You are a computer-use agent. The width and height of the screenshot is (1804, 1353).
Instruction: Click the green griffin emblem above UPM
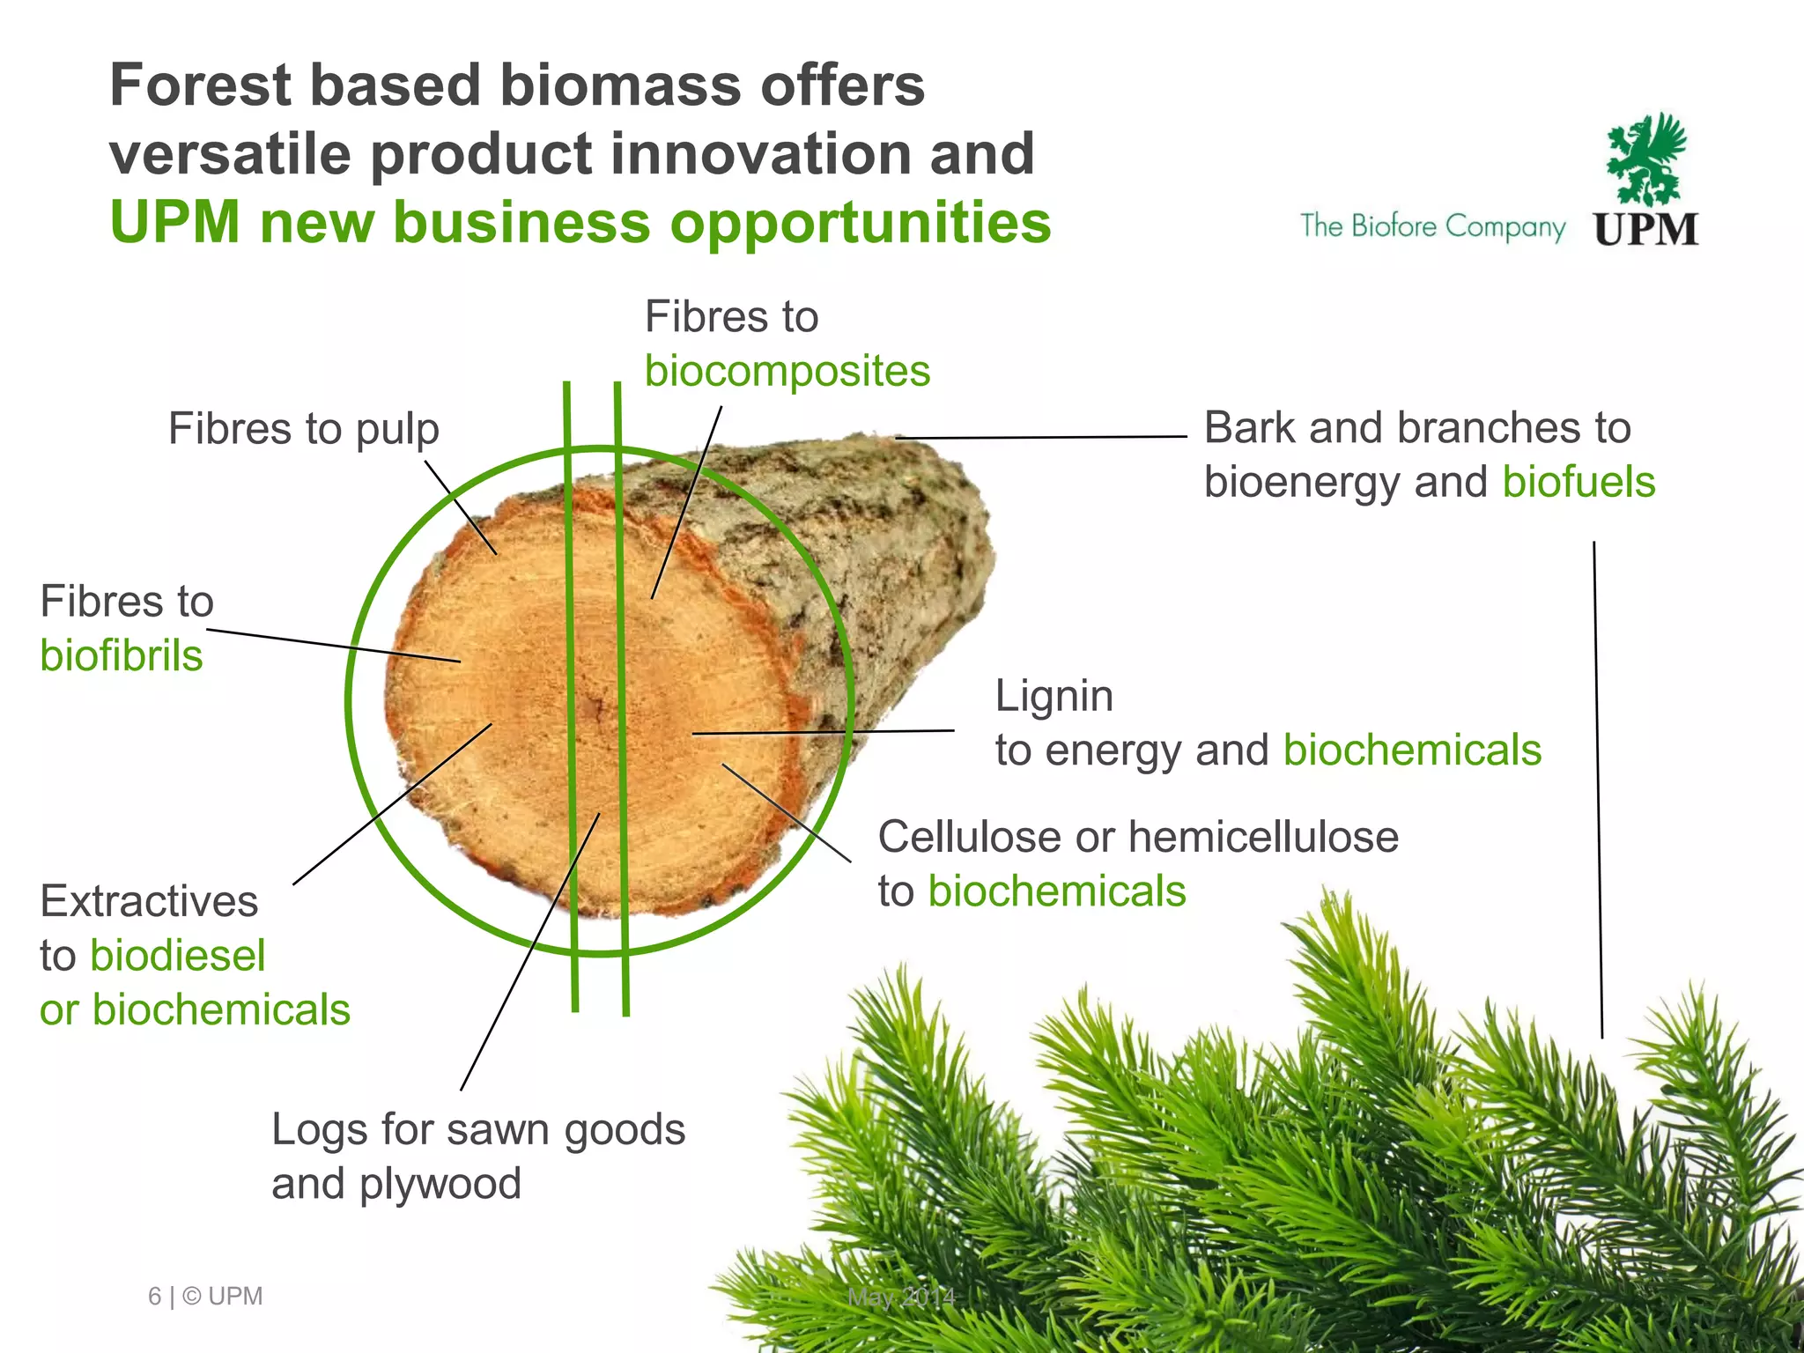pos(1645,159)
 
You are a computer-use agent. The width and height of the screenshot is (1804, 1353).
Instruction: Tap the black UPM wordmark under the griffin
pos(1645,229)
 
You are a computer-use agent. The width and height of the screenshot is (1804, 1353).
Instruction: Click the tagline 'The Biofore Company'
pos(1432,226)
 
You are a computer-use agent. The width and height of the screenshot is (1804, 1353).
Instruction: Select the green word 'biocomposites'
pos(787,371)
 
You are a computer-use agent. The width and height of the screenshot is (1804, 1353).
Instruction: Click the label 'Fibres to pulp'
pos(303,430)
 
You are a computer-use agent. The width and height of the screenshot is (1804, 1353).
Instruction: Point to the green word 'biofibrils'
pos(122,656)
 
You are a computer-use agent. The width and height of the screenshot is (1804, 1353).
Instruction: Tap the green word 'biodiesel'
pos(177,956)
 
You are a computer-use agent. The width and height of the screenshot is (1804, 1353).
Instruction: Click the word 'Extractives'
pos(149,901)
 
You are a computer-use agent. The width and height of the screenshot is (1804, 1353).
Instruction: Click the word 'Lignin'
pos(1054,696)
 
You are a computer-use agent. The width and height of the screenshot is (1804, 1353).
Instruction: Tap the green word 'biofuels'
pos(1578,483)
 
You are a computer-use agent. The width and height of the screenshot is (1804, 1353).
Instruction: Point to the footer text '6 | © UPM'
pos(205,1297)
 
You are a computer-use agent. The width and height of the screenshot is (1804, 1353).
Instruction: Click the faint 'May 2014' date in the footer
pos(901,1297)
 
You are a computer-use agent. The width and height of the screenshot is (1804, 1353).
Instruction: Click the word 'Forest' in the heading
pos(200,85)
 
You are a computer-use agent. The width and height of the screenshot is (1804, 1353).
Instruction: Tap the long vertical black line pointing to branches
pos(1598,793)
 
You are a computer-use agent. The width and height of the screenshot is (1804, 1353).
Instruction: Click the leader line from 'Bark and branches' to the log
pos(1039,437)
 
